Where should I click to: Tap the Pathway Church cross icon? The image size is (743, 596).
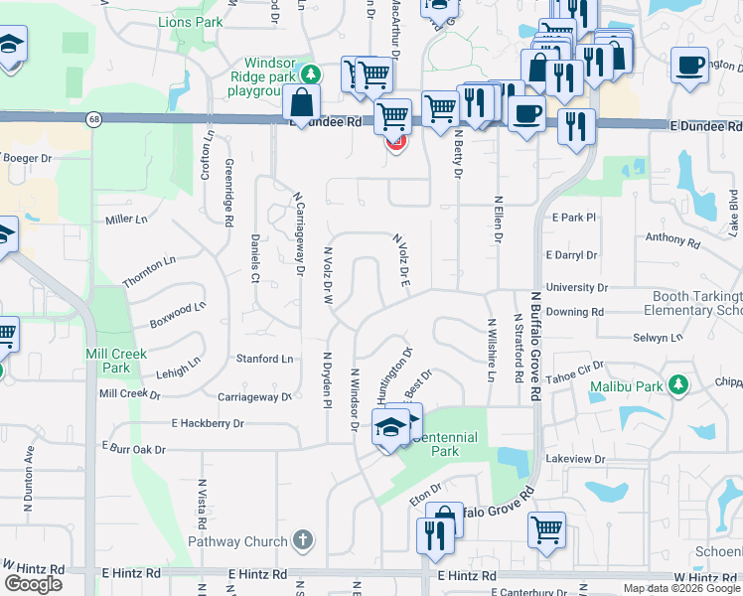[303, 541]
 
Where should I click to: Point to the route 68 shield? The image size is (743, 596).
[92, 119]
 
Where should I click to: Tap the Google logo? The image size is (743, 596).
[33, 583]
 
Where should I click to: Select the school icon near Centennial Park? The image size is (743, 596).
[386, 428]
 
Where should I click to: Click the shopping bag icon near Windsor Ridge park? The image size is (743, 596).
[300, 102]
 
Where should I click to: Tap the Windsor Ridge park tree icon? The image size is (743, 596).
[311, 73]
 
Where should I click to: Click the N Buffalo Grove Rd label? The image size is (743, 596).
[534, 345]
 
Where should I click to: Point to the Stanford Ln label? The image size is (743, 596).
[264, 359]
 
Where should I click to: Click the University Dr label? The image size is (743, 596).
[576, 287]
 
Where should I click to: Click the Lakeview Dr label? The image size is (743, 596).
[575, 459]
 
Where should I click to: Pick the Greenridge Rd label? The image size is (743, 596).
[227, 193]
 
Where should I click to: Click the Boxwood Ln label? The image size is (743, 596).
[177, 315]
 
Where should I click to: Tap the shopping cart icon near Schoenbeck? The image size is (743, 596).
[546, 528]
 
